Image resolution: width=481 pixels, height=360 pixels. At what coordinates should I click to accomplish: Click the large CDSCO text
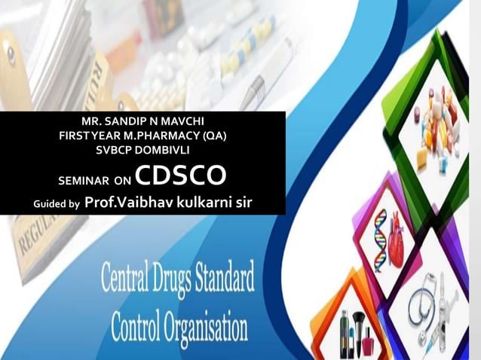pos(182,175)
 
